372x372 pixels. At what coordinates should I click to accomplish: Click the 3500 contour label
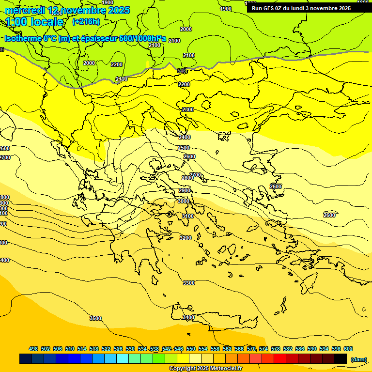[x=95, y=318]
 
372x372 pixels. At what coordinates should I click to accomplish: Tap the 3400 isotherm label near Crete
[x=188, y=317]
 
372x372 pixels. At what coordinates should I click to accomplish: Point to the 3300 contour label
[x=188, y=283]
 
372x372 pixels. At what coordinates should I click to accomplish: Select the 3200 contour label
[x=185, y=238]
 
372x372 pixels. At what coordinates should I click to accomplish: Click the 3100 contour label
[x=188, y=216]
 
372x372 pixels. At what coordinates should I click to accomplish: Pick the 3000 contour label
[x=184, y=201]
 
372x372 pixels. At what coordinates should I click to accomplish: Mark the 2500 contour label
[x=184, y=148]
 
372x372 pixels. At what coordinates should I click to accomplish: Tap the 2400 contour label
[x=185, y=137]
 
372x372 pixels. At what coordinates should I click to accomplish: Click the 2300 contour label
[x=187, y=110]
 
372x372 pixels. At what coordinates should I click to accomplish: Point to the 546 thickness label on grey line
[x=182, y=71]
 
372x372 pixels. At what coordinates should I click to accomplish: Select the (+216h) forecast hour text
[x=86, y=21]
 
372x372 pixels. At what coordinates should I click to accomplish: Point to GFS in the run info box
[x=269, y=8]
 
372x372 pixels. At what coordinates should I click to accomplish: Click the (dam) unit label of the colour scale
[x=358, y=359]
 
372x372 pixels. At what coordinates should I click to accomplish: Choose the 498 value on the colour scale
[x=33, y=349]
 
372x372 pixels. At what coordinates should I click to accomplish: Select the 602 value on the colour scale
[x=348, y=349]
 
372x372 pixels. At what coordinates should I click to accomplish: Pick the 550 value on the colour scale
[x=191, y=349]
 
